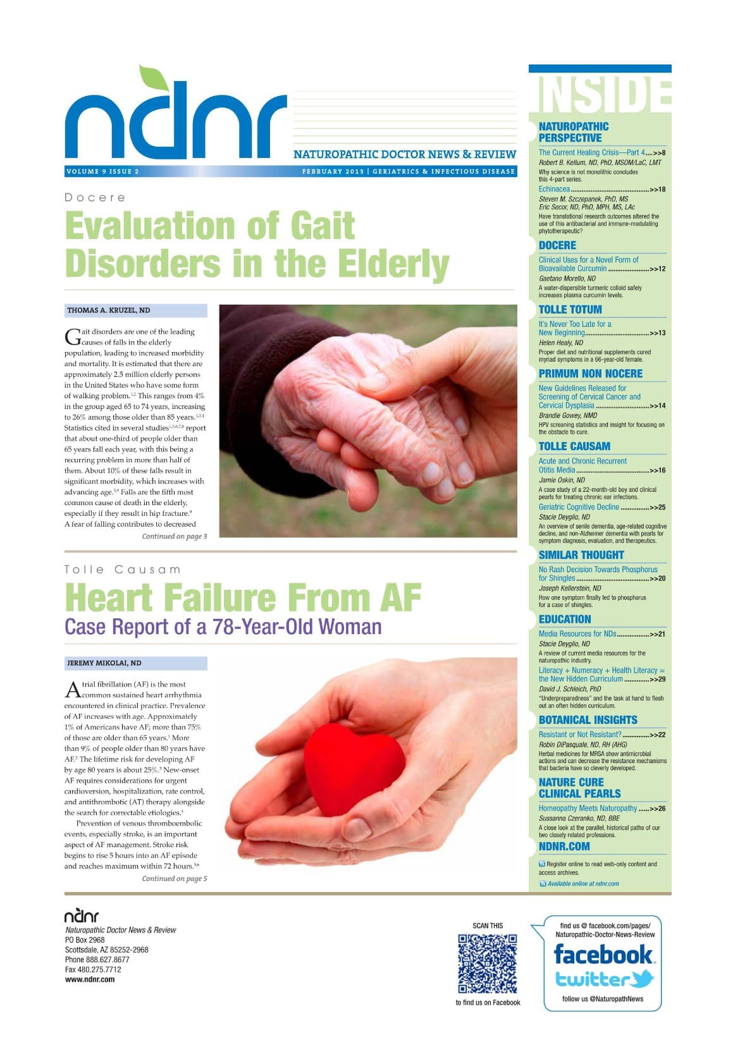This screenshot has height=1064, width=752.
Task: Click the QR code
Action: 488,963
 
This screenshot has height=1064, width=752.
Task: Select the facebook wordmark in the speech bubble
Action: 603,954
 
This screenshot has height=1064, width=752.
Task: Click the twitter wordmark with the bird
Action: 604,979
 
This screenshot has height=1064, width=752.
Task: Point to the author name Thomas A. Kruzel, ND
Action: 109,310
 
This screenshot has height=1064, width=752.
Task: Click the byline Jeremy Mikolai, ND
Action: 104,663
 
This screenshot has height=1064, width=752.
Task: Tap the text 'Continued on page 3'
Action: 174,536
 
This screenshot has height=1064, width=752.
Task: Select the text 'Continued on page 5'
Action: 174,878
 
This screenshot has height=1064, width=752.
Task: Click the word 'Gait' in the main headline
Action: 322,226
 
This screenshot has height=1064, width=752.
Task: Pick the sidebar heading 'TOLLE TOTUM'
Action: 570,310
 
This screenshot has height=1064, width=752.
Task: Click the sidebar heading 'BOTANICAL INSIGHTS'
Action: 588,720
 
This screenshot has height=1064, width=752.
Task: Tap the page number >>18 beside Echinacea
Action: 657,189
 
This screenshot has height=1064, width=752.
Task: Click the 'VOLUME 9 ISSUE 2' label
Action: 102,171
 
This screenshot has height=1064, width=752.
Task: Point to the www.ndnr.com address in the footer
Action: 90,979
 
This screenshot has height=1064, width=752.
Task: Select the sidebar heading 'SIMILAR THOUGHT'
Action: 581,555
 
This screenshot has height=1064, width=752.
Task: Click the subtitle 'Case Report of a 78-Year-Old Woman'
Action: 223,627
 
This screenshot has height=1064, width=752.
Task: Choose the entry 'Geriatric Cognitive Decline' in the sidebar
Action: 579,507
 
